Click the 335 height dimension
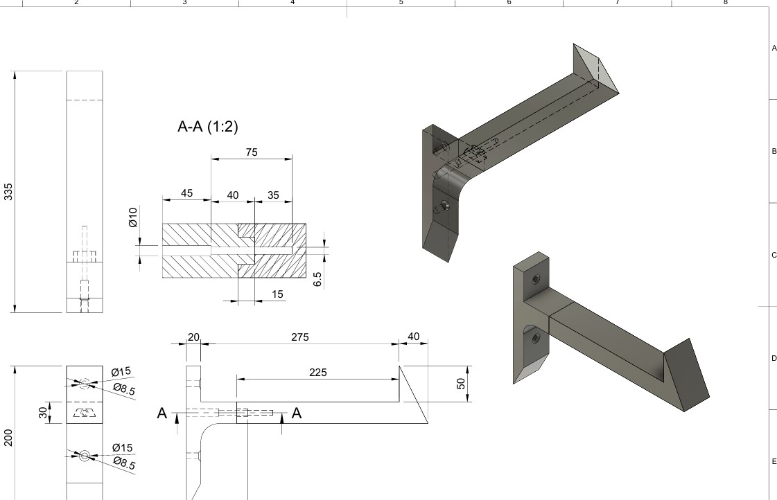coord(8,192)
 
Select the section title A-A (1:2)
coord(208,127)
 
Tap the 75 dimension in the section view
coord(252,152)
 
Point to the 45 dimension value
coord(187,193)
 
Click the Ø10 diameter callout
coord(132,217)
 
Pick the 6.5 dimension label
coord(317,279)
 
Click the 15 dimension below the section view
coord(277,294)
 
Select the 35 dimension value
coord(274,195)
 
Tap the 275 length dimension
coord(300,337)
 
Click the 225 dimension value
coord(317,373)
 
